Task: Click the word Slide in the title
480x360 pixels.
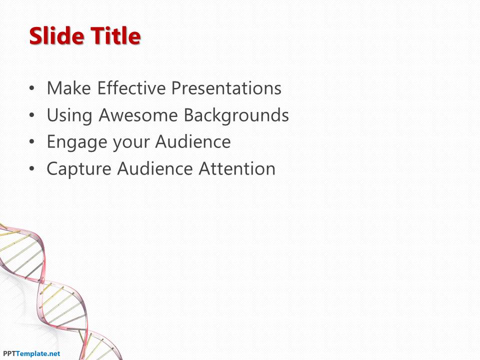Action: click(57, 36)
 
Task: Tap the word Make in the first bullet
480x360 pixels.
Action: click(69, 88)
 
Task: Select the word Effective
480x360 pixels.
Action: click(131, 88)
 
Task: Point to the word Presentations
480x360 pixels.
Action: click(226, 88)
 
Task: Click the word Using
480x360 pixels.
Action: click(69, 115)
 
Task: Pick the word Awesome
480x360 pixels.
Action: click(138, 115)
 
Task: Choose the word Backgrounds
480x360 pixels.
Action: click(236, 115)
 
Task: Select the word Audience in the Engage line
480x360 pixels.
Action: click(193, 141)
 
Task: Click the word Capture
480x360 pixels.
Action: click(79, 169)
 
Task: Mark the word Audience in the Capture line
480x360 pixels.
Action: click(155, 168)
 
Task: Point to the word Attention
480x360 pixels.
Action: click(237, 168)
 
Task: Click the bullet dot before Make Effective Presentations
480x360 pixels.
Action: click(32, 88)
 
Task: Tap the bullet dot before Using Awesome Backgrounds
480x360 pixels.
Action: click(32, 115)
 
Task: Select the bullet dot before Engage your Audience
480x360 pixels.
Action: click(32, 142)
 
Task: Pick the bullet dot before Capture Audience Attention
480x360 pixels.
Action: click(32, 168)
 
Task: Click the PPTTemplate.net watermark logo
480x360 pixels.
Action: click(31, 354)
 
